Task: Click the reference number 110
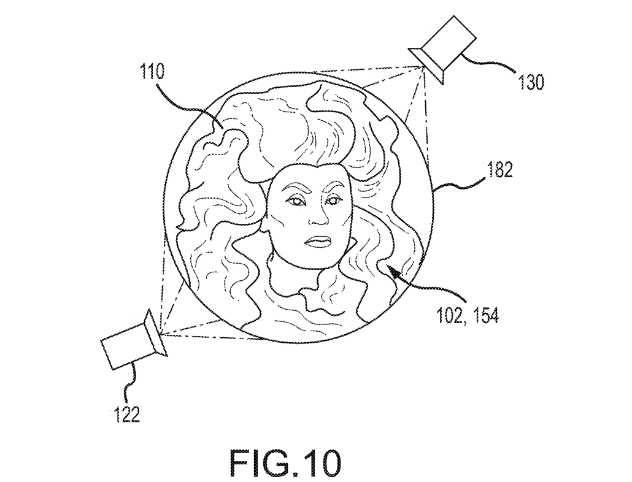(x=152, y=72)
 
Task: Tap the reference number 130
(x=531, y=82)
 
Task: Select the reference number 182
(x=499, y=170)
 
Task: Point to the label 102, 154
(x=468, y=315)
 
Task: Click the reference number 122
(x=127, y=414)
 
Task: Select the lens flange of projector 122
(x=156, y=332)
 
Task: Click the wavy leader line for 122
(x=132, y=382)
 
